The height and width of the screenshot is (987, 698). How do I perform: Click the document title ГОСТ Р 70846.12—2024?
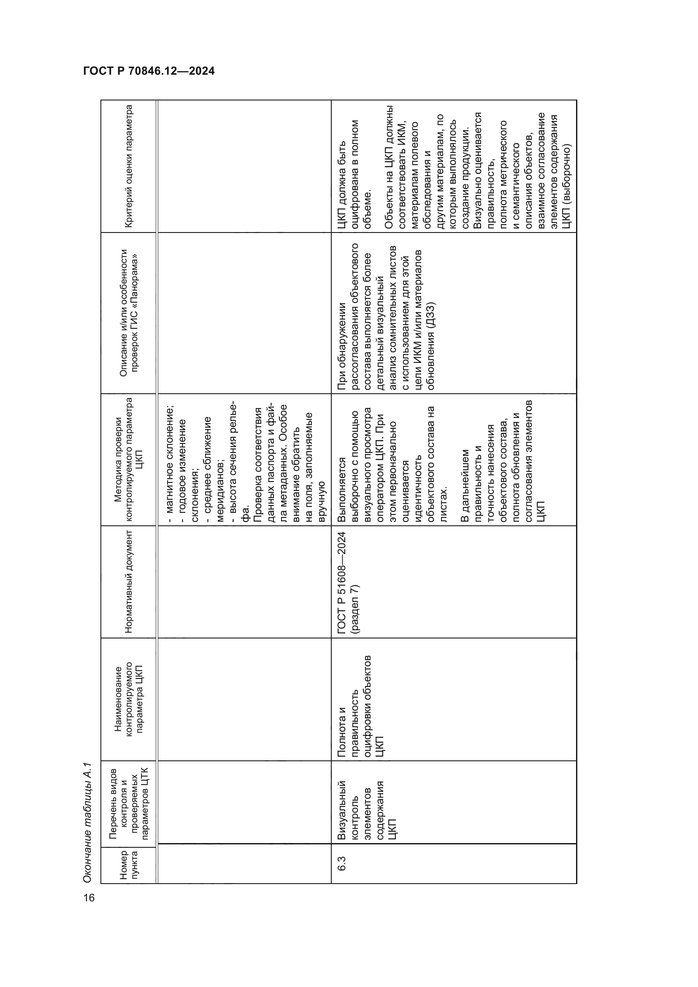pos(149,71)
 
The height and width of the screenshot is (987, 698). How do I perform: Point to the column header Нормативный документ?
pos(129,581)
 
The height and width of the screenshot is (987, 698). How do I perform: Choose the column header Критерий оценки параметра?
pos(129,166)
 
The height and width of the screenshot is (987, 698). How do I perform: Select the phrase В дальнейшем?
pos(465,486)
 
